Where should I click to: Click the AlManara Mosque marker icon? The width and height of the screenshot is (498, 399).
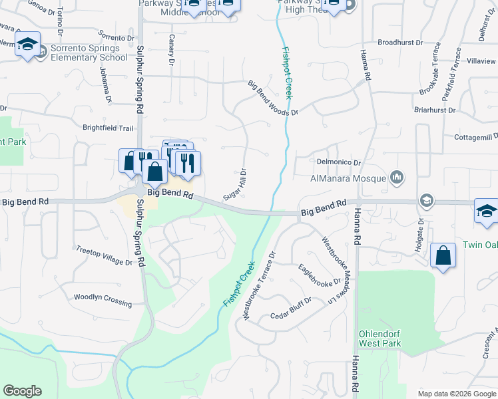tap(397, 178)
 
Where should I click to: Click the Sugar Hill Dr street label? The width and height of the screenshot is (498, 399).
tap(235, 184)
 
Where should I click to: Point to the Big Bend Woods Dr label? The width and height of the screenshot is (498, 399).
tap(273, 99)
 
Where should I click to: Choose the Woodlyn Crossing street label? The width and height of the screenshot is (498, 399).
tap(103, 300)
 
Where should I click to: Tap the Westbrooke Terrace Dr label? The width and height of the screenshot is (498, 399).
tap(260, 285)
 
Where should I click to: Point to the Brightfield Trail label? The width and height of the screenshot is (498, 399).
tap(108, 128)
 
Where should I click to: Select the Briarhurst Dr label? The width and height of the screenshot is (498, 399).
tap(434, 110)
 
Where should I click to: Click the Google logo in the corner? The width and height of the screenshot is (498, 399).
tap(22, 391)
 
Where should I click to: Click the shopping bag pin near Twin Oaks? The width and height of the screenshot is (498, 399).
tap(443, 257)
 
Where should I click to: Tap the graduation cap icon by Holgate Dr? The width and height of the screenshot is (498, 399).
tap(426, 201)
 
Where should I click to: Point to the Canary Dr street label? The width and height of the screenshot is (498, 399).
tap(171, 50)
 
